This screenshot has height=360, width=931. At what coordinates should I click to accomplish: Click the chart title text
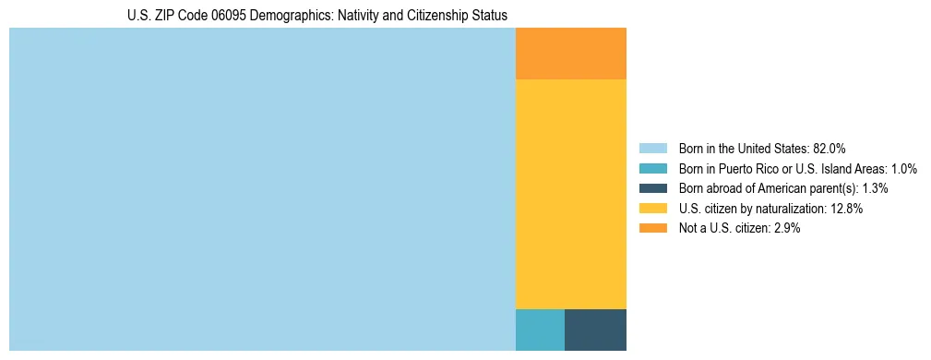click(317, 16)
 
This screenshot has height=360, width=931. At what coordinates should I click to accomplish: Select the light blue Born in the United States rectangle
click(262, 189)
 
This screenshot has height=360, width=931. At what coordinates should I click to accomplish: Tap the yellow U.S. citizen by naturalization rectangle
click(570, 194)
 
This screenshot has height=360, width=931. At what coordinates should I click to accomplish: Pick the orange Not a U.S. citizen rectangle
click(570, 54)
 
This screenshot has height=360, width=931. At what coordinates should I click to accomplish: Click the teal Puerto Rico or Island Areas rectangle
click(540, 330)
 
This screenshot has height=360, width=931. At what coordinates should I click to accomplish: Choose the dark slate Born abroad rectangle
click(595, 330)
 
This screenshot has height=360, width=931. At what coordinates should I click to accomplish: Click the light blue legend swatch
click(653, 149)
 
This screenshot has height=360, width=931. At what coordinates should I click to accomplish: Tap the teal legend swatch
click(653, 169)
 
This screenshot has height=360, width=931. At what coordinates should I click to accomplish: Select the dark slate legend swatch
click(653, 188)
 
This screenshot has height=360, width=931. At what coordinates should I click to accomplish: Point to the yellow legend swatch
click(653, 209)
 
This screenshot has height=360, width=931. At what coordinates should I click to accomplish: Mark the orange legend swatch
click(653, 228)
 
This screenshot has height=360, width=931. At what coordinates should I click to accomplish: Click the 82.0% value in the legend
click(829, 149)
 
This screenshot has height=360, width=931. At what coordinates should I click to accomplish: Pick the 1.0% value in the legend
click(903, 169)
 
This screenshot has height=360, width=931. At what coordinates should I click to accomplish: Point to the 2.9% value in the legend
click(784, 228)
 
